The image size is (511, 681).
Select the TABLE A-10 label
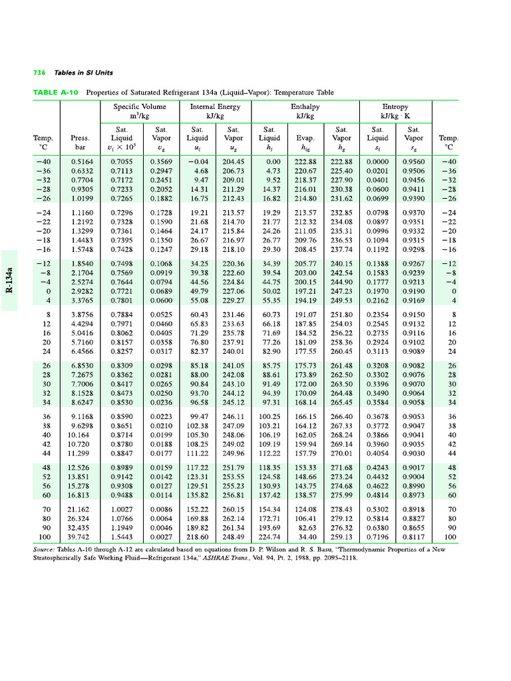[x=56, y=92]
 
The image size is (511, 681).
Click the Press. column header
[x=80, y=138]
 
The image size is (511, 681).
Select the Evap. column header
[x=305, y=138]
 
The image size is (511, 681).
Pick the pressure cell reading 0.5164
[x=81, y=162]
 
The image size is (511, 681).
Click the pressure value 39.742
[x=81, y=537]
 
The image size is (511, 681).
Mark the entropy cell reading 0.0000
[x=377, y=162]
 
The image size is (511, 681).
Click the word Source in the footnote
[x=45, y=549]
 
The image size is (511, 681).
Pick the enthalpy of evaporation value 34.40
[x=307, y=537]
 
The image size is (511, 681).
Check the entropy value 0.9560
[x=413, y=162]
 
